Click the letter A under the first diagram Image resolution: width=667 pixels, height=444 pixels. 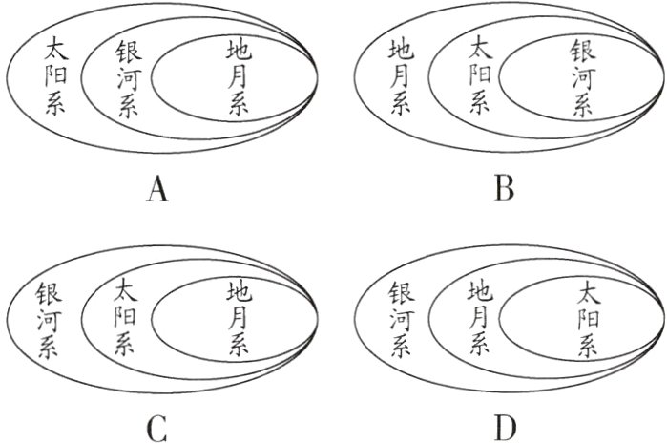coord(158,190)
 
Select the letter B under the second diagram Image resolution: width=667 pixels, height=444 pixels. coord(505,189)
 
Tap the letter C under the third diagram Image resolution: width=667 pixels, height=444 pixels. coord(158,429)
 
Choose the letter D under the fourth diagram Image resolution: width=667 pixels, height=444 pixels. coord(505,429)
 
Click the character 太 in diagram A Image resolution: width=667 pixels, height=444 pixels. coord(54,48)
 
